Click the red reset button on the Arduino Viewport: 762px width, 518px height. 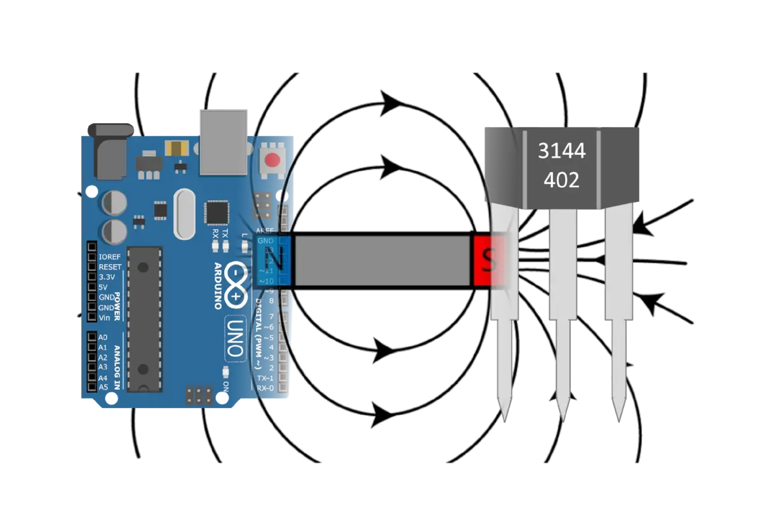coord(274,159)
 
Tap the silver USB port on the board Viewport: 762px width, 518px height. coord(224,141)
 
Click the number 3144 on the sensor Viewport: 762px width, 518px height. coord(561,151)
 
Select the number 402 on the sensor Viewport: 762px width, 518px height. coord(561,180)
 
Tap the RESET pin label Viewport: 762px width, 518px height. coord(110,267)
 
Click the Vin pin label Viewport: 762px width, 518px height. coord(105,317)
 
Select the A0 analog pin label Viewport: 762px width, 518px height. coord(103,337)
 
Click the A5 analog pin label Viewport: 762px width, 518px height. coord(103,387)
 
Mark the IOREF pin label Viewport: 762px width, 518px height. coord(110,257)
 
